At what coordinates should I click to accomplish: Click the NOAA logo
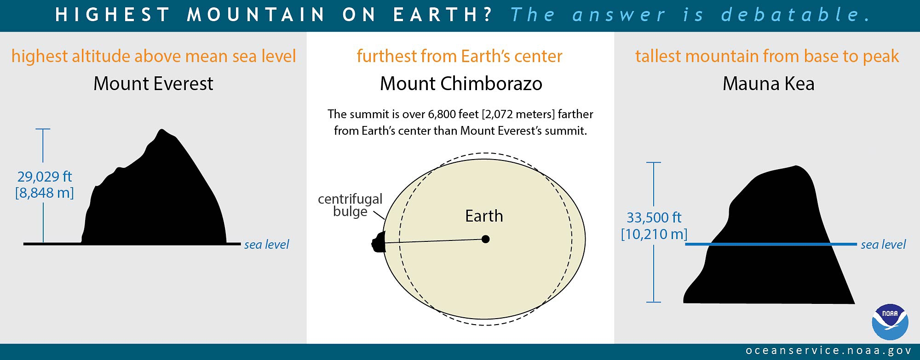point(890,322)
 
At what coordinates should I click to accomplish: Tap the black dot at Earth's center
point(485,239)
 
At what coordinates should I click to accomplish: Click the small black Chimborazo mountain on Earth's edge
point(379,242)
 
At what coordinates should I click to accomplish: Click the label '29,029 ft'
point(45,177)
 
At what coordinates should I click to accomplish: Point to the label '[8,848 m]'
point(45,193)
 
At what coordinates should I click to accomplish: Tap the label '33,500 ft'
point(654,217)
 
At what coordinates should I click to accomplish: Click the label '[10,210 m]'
point(654,234)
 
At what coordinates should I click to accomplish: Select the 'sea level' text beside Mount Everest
point(266,245)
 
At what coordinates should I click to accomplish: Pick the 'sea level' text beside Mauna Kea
point(883,245)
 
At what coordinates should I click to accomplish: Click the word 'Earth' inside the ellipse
point(484,216)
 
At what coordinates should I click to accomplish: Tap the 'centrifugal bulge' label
point(350,205)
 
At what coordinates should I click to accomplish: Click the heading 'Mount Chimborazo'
point(461,84)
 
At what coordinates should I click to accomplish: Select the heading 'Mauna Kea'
point(768,84)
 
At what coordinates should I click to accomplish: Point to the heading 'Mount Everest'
point(153,84)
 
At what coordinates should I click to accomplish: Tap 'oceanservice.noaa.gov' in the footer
point(828,351)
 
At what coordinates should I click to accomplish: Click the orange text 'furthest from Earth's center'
point(459,56)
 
